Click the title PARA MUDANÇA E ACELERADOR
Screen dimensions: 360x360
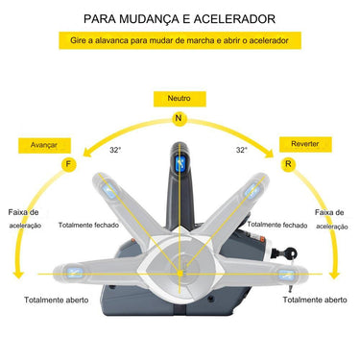[x=180, y=18]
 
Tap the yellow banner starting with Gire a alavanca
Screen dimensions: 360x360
[x=180, y=41]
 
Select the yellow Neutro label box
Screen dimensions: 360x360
[x=178, y=98]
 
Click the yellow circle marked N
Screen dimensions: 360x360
[x=178, y=118]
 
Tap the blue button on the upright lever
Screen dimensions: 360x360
[x=178, y=165]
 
